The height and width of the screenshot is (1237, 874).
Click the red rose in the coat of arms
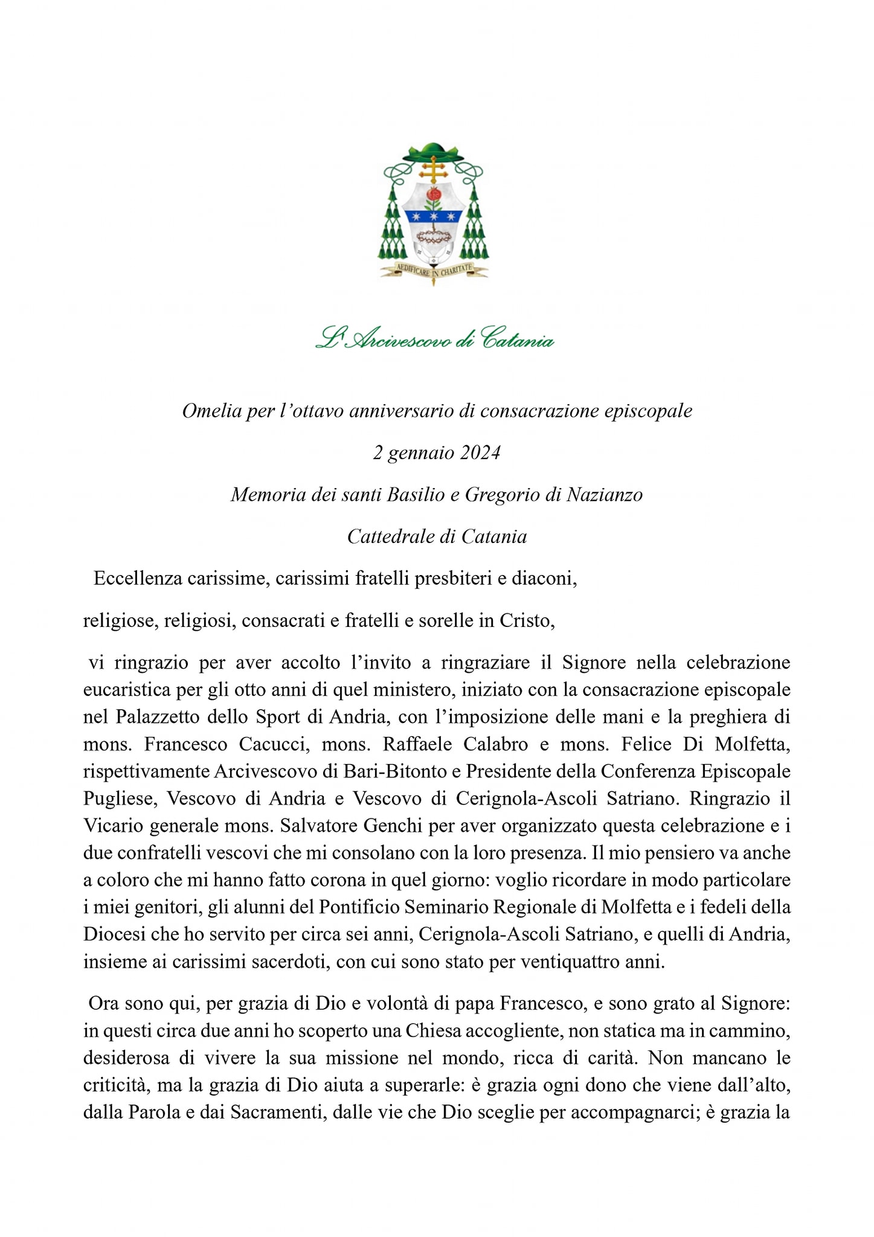click(432, 194)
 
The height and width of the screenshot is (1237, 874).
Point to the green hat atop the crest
click(432, 151)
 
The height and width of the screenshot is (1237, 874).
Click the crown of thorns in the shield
click(433, 236)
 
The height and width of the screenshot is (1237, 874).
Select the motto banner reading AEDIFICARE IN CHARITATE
click(433, 271)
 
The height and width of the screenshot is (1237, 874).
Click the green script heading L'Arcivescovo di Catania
click(434, 339)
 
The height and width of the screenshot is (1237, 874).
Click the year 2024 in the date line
click(480, 453)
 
